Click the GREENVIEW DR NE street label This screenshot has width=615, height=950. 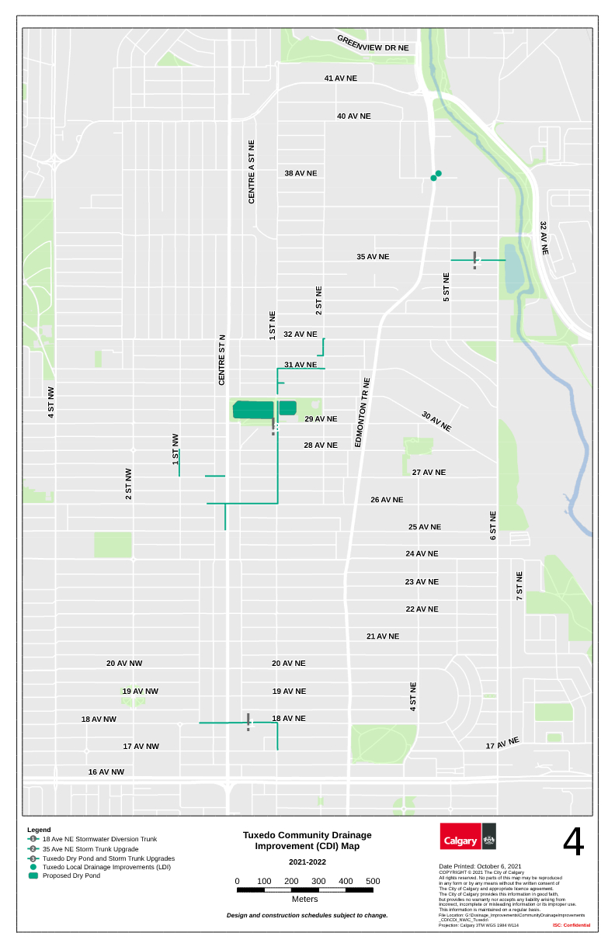coord(373,43)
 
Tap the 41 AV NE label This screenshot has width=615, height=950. coord(341,78)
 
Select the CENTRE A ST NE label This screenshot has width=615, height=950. coord(252,172)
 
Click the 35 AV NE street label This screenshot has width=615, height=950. coord(373,256)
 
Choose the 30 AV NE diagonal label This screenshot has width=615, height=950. coord(436,421)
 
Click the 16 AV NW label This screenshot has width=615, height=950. coord(106,772)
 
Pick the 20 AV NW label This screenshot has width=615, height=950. coord(124,664)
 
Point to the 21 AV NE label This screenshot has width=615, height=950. coord(383,636)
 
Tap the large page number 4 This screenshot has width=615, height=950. coord(573,841)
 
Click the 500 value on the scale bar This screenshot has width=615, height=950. coord(373,881)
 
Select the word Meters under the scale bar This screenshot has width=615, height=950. coord(305,899)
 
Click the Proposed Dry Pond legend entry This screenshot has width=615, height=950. coord(71,875)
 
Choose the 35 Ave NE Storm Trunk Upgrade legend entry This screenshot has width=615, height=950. coord(90,849)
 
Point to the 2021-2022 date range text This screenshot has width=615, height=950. coord(307,862)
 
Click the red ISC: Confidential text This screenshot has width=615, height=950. coord(572,925)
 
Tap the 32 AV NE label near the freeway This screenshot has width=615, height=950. coord(544,238)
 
